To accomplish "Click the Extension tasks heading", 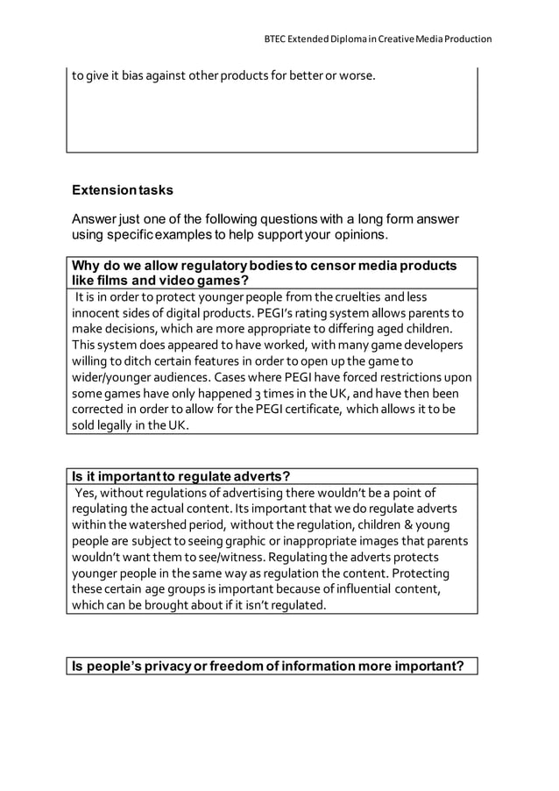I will point(122,189).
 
